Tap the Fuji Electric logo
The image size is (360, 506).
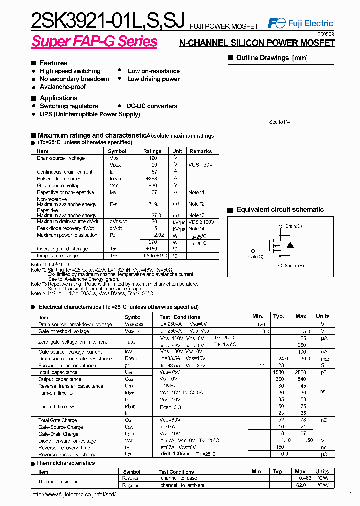300,23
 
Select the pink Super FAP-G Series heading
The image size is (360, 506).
94,42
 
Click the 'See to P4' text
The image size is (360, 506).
279,122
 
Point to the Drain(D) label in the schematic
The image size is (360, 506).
293,226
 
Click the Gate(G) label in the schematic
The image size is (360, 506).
256,256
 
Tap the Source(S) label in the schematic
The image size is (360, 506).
294,265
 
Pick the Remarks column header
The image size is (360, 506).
200,151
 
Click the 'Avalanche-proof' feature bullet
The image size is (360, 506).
62,87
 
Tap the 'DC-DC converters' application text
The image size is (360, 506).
152,106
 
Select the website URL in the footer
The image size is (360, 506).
74,494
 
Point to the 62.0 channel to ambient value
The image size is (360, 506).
301,485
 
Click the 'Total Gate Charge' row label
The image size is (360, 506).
58,420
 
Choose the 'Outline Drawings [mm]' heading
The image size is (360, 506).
272,58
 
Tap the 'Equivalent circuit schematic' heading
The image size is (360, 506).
280,210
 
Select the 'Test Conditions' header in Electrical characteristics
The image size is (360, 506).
179,317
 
